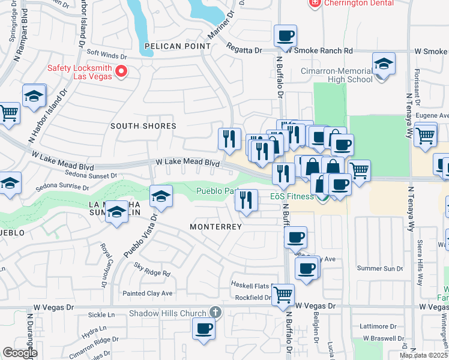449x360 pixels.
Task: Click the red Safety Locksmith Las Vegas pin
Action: (x=121, y=71)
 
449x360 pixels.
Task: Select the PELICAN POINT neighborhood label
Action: (x=177, y=46)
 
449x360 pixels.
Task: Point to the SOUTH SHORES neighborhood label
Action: (x=143, y=126)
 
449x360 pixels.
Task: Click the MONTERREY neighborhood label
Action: (x=215, y=227)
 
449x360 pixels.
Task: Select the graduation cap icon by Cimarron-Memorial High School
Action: (x=383, y=64)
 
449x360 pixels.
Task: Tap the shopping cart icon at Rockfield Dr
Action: (x=283, y=294)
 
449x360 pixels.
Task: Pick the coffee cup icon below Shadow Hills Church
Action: (x=203, y=328)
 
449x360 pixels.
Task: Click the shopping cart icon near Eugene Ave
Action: (x=425, y=134)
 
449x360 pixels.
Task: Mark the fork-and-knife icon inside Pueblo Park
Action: (x=246, y=200)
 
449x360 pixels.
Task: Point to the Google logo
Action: (x=20, y=353)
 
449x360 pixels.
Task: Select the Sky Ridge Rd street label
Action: (x=152, y=273)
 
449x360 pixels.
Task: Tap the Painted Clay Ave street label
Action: (x=148, y=293)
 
